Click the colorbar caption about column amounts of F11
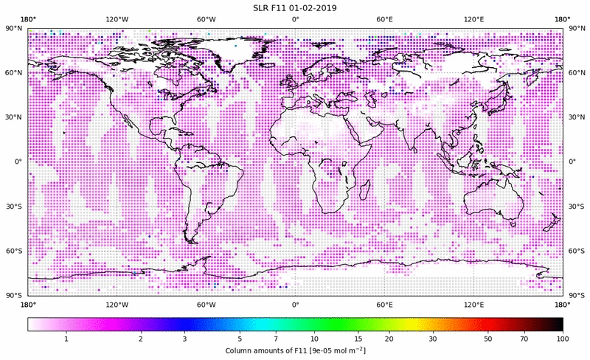295,350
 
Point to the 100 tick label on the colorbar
563,339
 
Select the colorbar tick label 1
66,339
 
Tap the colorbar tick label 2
140,339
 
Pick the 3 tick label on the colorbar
184,339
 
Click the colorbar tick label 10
314,339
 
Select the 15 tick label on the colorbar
358,339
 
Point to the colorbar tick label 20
389,339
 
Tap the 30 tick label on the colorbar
433,339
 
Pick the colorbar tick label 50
488,339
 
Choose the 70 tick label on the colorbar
524,339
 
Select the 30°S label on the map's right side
576,207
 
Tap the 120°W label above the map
117,19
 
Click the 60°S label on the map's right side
576,252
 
